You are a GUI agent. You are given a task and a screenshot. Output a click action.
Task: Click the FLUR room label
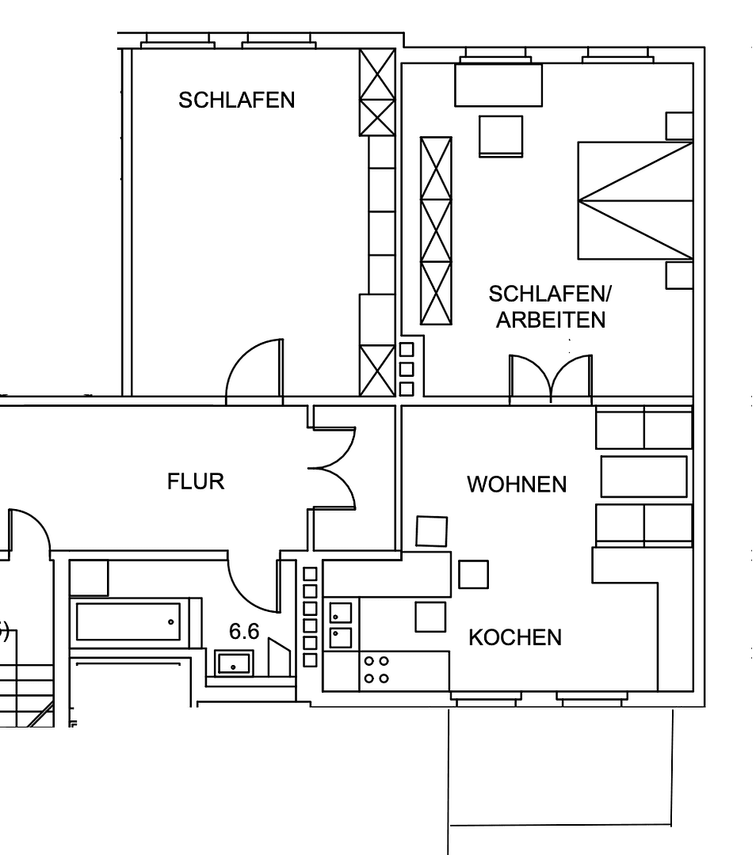point(196,481)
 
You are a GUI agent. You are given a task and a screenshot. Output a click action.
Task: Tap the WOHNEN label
point(517,484)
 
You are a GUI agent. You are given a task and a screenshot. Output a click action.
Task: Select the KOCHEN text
point(515,637)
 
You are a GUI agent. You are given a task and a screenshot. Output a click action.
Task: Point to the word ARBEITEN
point(551,320)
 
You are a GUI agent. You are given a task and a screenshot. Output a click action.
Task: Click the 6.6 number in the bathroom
point(244,632)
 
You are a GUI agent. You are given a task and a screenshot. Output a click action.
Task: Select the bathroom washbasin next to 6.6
point(235,663)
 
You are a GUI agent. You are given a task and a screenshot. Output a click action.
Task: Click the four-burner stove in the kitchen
point(376,669)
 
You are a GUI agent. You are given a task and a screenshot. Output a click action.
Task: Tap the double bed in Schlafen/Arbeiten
point(635,200)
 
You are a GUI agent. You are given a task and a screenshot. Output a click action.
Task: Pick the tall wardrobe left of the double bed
point(436,231)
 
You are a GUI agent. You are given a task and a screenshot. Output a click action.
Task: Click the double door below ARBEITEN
point(550,376)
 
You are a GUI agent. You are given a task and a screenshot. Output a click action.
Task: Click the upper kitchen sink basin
point(340,612)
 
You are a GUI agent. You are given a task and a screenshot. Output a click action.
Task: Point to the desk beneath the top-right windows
point(498,85)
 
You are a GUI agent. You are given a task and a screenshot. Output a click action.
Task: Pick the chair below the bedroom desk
point(501,135)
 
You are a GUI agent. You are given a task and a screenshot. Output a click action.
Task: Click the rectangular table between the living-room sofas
point(643,477)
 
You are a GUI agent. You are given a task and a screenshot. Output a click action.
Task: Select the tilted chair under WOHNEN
point(431,531)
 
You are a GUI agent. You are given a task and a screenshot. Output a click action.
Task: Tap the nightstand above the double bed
point(678,125)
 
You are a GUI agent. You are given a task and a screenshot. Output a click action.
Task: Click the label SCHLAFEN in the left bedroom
point(236,101)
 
